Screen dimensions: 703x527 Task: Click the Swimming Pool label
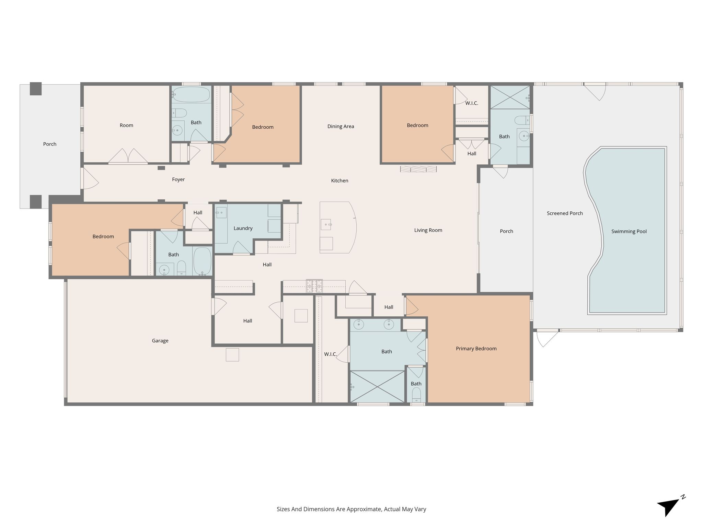(x=629, y=232)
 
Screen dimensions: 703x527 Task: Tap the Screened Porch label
(x=565, y=213)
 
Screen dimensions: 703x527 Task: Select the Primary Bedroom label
(x=476, y=349)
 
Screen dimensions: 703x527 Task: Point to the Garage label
(x=160, y=341)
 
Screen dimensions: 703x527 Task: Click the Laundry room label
(x=243, y=229)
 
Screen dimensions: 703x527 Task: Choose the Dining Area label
(x=341, y=127)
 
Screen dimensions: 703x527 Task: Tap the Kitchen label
(x=339, y=181)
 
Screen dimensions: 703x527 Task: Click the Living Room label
(x=428, y=230)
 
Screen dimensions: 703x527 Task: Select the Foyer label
(x=178, y=179)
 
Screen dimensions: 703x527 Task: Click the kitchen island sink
(x=326, y=224)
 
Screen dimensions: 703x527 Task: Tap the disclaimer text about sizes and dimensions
(x=351, y=509)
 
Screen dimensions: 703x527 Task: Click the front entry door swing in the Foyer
(x=90, y=178)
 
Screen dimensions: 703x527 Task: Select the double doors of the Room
(x=128, y=156)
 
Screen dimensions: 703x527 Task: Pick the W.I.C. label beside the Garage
(x=330, y=354)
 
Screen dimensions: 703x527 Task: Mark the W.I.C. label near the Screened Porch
(x=472, y=103)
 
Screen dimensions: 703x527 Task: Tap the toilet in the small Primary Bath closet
(x=416, y=395)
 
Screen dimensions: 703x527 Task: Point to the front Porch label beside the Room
(x=50, y=144)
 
